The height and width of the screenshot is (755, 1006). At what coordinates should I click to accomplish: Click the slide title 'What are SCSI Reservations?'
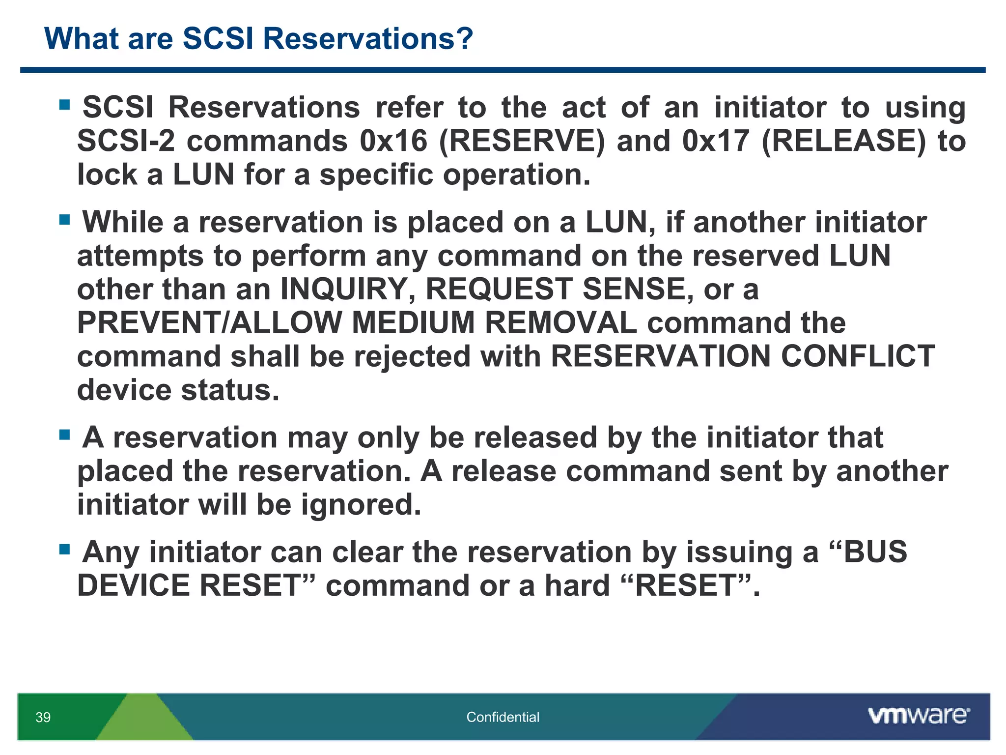pos(258,38)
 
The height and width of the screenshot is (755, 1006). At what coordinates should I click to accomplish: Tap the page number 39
pos(43,717)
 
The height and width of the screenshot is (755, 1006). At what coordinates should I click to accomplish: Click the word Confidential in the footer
pos(503,717)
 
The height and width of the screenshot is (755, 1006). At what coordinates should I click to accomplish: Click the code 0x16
pos(393,141)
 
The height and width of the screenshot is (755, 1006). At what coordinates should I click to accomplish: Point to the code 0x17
pos(716,141)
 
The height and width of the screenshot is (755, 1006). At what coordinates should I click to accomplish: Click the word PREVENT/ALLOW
pos(209,323)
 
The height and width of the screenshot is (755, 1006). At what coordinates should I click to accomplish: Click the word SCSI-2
pos(126,141)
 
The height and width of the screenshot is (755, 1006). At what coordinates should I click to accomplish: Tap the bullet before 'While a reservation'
pos(64,219)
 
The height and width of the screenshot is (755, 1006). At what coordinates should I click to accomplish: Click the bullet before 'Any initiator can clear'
pos(64,549)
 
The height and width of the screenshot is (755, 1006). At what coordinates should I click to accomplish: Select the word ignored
pos(361,505)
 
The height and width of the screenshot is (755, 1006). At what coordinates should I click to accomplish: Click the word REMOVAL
pos(560,323)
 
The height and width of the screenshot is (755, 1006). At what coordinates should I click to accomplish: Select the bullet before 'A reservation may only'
pos(64,435)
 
